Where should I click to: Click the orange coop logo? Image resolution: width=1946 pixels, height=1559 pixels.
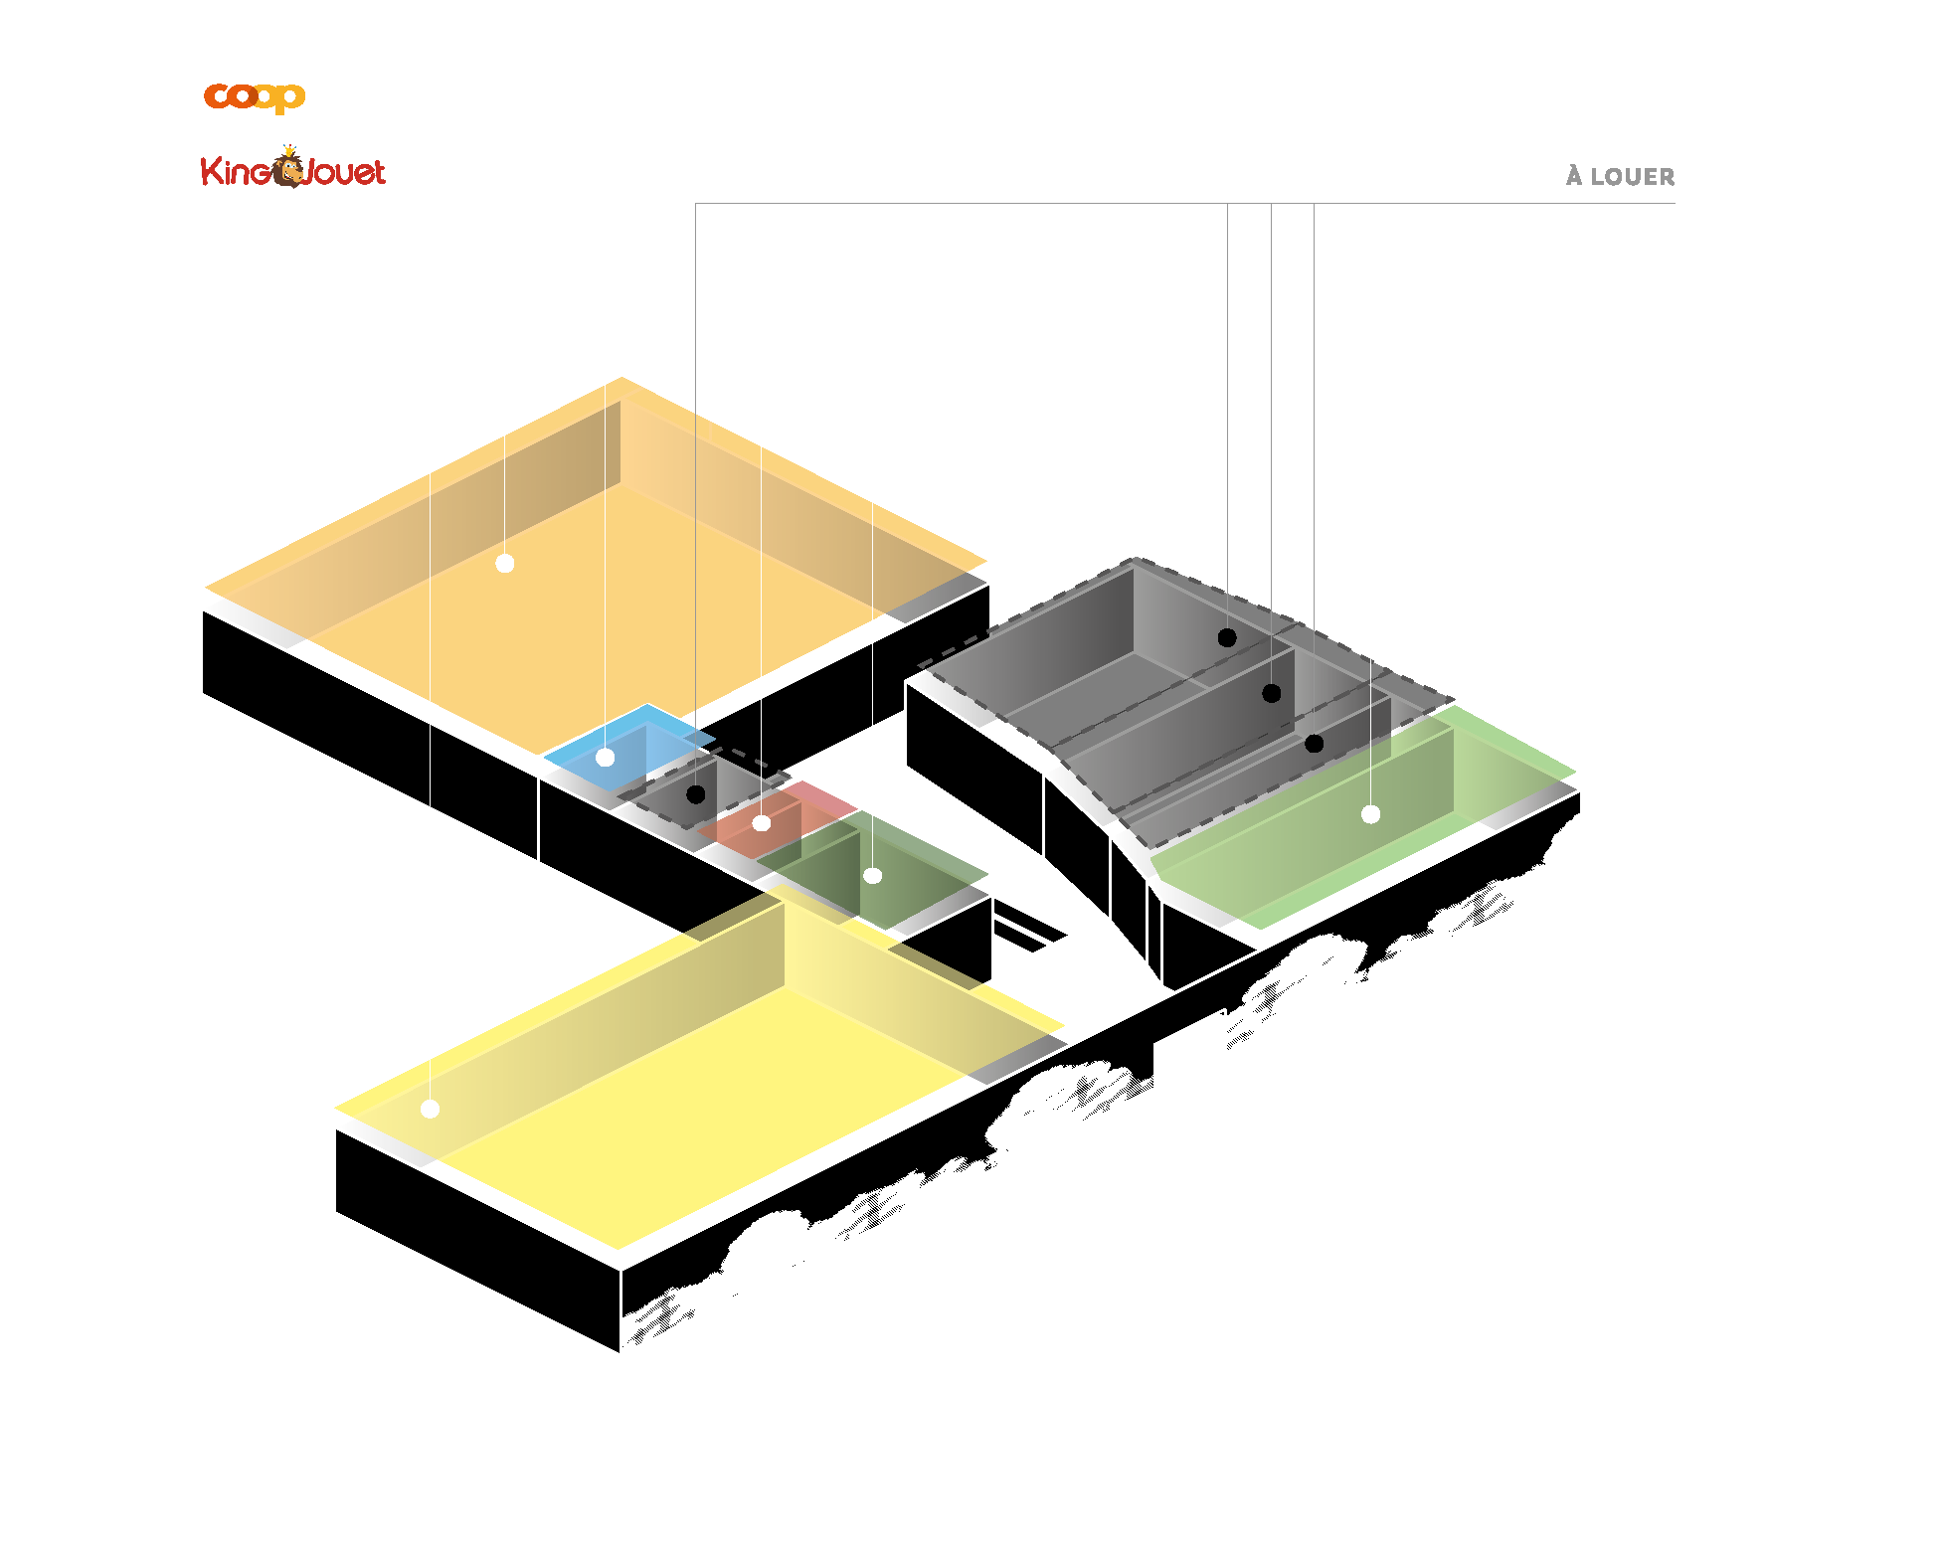point(254,96)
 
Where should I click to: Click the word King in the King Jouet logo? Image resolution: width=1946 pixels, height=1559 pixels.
point(235,171)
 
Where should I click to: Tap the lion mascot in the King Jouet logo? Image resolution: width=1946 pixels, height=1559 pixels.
point(290,167)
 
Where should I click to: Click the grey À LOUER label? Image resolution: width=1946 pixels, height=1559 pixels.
point(1620,177)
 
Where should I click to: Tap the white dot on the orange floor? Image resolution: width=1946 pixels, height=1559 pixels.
point(505,564)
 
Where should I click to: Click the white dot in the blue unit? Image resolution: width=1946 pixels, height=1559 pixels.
point(605,758)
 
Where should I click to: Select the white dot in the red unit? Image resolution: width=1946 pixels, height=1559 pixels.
point(762,823)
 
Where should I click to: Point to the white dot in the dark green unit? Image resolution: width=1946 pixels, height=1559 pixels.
point(873,876)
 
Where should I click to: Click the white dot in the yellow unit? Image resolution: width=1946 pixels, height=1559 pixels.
point(430,1109)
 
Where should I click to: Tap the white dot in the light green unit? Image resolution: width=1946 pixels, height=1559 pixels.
point(1370,814)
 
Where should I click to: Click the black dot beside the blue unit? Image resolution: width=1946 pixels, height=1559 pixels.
point(696,794)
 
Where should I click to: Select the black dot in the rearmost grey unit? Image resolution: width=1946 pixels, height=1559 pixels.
point(1227,638)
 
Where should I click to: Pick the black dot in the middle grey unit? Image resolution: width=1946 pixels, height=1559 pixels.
point(1271,694)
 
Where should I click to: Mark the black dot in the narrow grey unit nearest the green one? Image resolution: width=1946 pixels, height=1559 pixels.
point(1314,744)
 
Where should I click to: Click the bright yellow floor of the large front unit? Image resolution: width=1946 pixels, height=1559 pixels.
point(696,1114)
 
